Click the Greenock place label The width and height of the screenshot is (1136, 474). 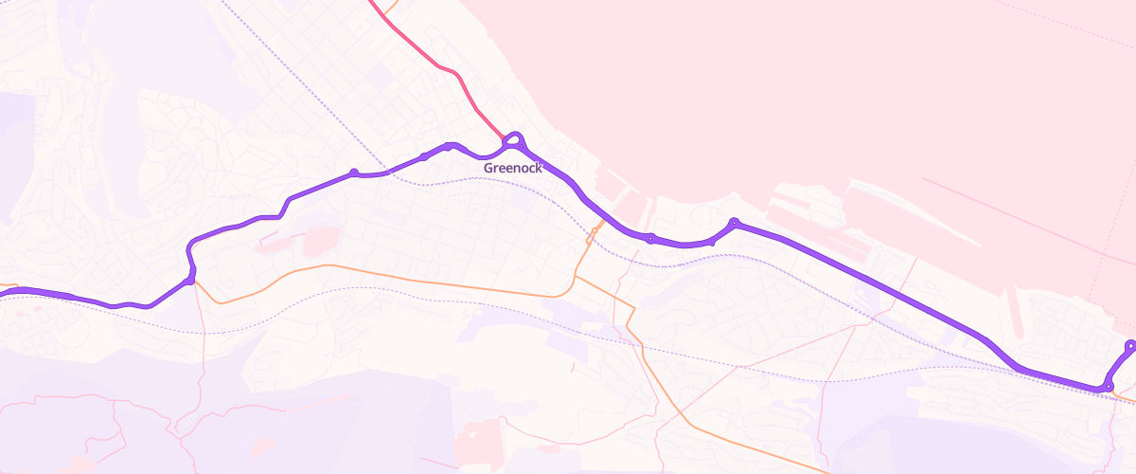click(x=512, y=168)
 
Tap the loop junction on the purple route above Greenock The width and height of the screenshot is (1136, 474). click(x=514, y=141)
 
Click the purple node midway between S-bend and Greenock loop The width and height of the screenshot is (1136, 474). click(x=354, y=173)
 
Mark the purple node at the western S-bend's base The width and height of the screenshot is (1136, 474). click(x=190, y=280)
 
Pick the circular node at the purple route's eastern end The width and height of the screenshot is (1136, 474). click(x=1130, y=345)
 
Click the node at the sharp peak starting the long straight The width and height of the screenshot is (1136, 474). click(x=734, y=223)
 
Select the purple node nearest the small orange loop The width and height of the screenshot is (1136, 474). click(x=650, y=238)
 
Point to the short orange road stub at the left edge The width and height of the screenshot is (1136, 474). click(x=8, y=283)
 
